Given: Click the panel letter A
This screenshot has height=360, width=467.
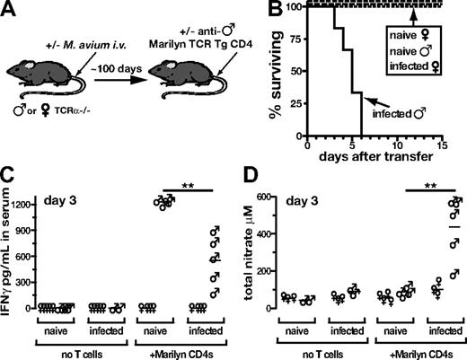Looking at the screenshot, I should (11, 11).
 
